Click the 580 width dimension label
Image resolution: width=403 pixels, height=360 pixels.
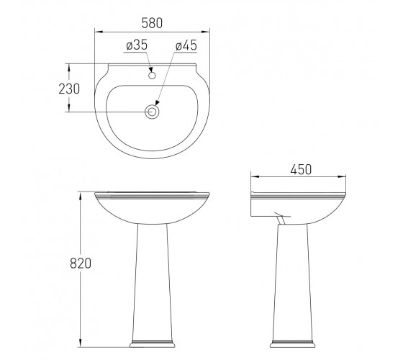[x=152, y=23]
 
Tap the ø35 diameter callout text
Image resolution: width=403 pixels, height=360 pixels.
[x=137, y=45]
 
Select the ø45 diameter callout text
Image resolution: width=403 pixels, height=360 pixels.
[x=186, y=46]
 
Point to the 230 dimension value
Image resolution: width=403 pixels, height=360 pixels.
[x=69, y=89]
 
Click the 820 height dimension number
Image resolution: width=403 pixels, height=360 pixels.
[x=81, y=264]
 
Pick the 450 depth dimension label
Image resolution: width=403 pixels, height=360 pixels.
[x=301, y=169]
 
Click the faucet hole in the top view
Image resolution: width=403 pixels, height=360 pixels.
[x=152, y=76]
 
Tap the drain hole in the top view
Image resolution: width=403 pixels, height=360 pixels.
[x=152, y=112]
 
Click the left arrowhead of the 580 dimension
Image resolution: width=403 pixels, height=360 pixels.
[x=99, y=32]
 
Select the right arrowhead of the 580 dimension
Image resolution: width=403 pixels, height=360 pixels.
[x=206, y=32]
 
